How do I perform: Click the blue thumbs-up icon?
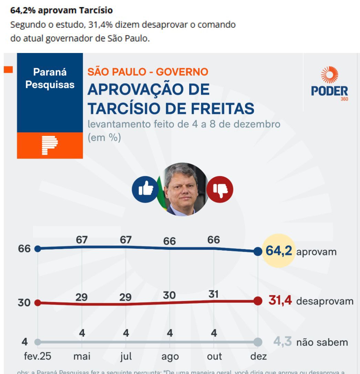(x=145, y=189)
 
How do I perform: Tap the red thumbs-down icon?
(x=220, y=189)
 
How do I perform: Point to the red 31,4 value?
(x=280, y=301)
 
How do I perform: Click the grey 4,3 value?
(x=283, y=342)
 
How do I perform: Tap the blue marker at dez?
(x=258, y=252)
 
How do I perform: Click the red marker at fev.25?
(x=38, y=303)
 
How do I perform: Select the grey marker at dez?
(x=257, y=342)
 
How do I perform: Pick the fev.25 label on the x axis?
(x=38, y=356)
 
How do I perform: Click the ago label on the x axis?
(x=170, y=357)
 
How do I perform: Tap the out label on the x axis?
(x=214, y=356)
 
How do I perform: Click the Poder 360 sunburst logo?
(x=329, y=75)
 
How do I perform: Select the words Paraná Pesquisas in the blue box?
(x=50, y=78)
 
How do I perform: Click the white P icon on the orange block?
(x=50, y=145)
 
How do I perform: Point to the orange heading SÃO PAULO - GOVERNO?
(x=148, y=72)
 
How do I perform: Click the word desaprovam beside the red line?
(x=325, y=301)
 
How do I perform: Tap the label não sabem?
(x=322, y=342)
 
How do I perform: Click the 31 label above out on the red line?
(x=213, y=294)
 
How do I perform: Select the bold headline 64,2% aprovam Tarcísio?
(x=62, y=11)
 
